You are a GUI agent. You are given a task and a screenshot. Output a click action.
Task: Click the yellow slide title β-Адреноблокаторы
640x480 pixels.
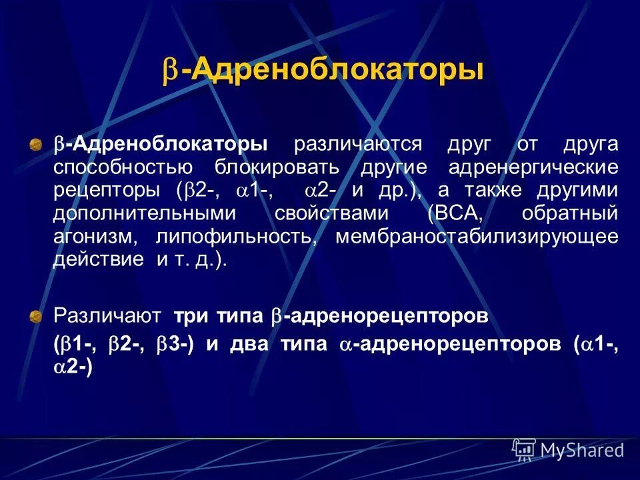coord(323,71)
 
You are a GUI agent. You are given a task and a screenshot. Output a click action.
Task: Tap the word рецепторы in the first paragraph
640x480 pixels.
coord(111,191)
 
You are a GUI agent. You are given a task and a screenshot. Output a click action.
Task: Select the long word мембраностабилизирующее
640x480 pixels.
coord(477,237)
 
